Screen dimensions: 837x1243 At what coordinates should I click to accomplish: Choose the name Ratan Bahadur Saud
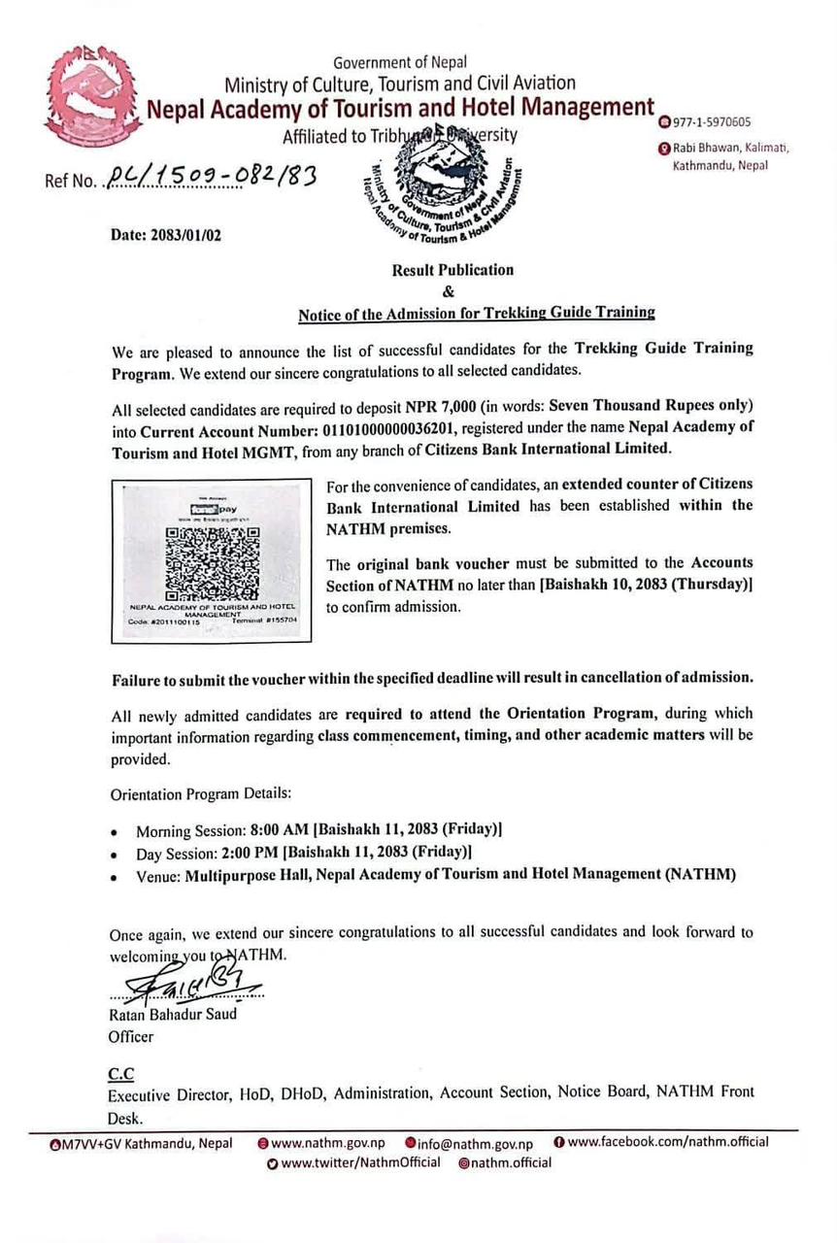pos(173,1014)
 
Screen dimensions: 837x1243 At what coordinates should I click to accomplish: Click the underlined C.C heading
pos(121,1072)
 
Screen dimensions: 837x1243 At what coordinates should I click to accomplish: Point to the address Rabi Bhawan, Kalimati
pos(730,149)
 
